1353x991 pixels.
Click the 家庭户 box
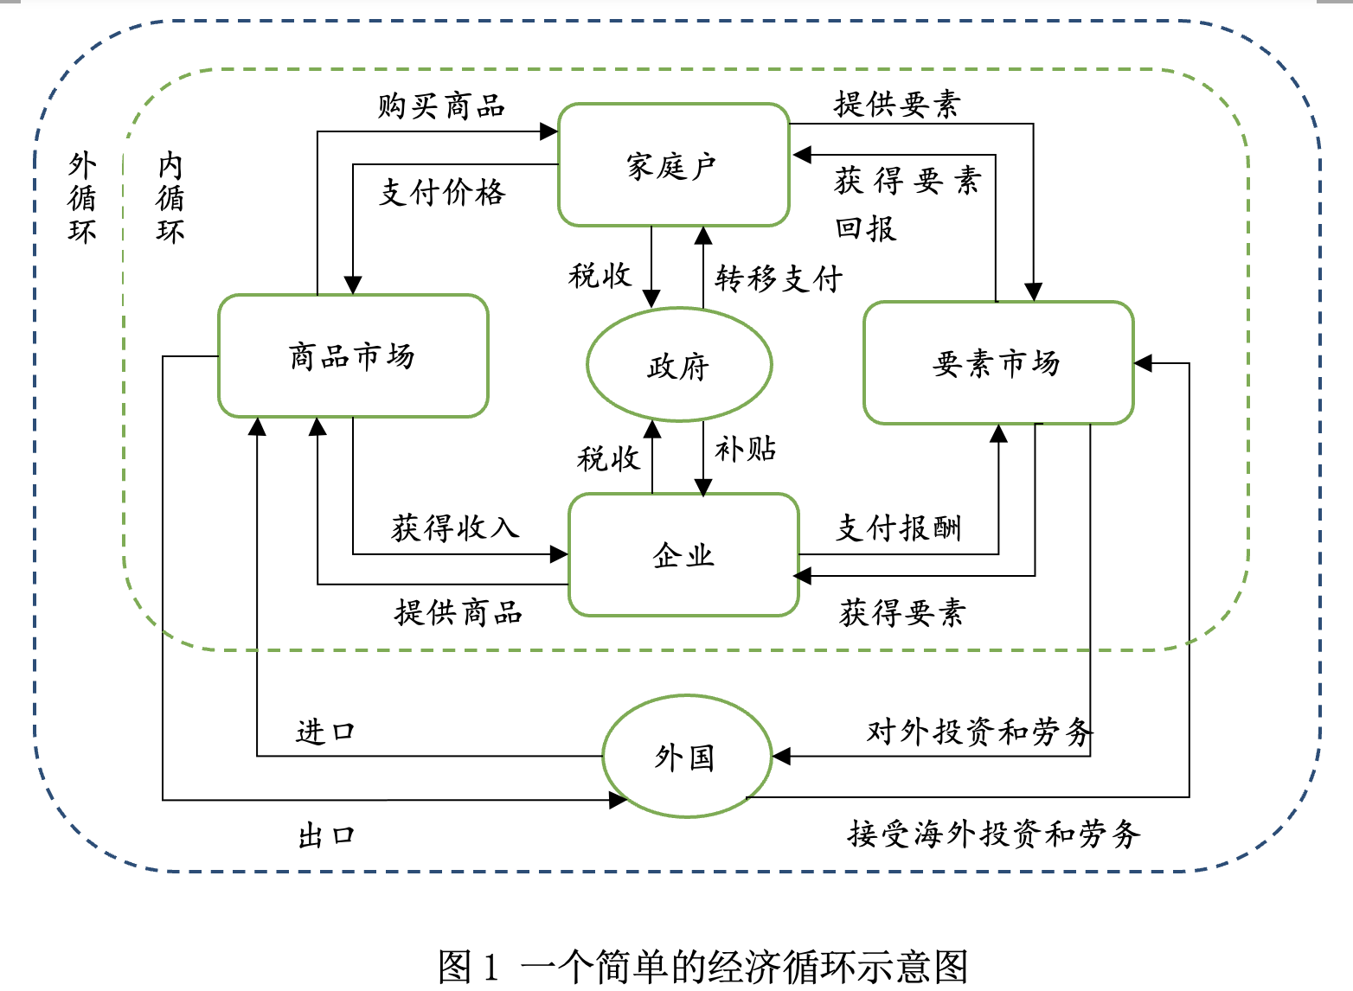pos(673,165)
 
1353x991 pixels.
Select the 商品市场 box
pos(353,355)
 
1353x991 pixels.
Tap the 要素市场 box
pos(997,363)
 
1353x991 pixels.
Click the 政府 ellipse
pos(679,365)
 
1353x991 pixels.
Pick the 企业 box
pos(683,554)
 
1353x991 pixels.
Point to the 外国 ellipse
pos(686,757)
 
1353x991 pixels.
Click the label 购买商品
pos(441,106)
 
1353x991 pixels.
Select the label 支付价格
pos(441,192)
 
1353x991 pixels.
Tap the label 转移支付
pos(778,278)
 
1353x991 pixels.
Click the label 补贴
pos(745,449)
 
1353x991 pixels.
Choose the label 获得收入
pos(455,527)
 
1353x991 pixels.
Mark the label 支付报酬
pos(899,527)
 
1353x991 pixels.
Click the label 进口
pos(325,732)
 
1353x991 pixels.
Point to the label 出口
pos(326,835)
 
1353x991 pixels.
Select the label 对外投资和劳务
pos(979,732)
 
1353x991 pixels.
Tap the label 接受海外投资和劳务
pos(994,834)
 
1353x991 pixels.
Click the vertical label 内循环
pos(170,198)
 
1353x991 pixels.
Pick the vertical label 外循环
pos(82,198)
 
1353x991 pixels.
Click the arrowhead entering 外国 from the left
pos(618,800)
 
